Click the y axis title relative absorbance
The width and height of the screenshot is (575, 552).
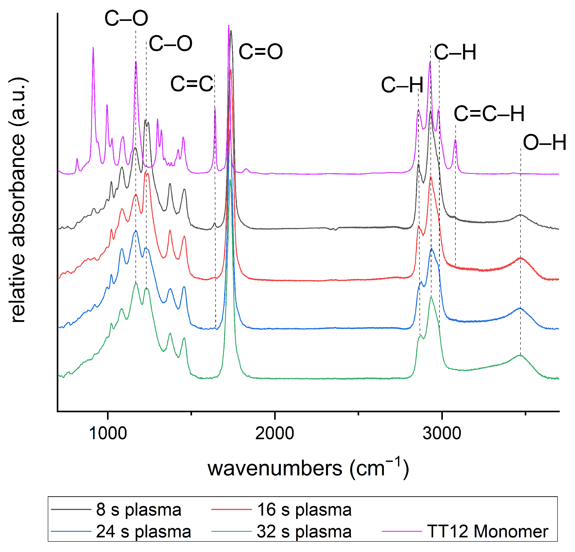click(17, 200)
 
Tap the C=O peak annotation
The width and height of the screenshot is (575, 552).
click(260, 52)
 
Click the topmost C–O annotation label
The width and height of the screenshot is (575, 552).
click(126, 18)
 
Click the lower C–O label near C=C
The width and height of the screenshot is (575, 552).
click(171, 44)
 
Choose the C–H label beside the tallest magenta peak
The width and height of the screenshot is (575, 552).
click(455, 52)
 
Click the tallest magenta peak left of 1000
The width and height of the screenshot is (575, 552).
click(93, 48)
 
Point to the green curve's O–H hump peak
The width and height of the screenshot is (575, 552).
click(520, 355)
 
